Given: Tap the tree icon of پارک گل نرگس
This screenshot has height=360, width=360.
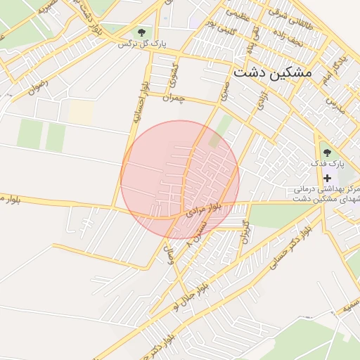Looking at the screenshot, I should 143,32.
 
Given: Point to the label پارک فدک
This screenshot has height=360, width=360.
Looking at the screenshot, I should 327,164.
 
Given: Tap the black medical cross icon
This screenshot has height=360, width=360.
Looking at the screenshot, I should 327,178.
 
